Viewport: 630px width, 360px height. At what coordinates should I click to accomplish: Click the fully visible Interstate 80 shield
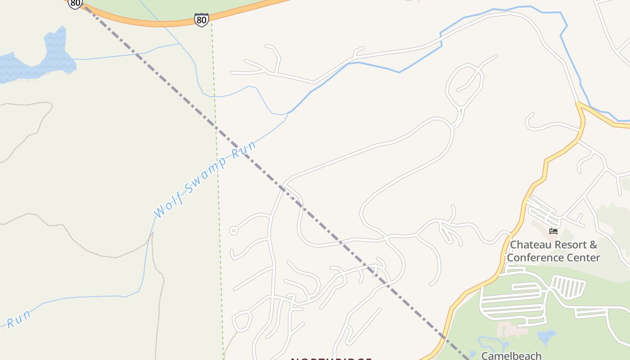[202, 20]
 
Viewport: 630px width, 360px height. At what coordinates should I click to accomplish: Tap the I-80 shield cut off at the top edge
[75, 4]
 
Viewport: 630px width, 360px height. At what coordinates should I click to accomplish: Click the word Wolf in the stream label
[169, 204]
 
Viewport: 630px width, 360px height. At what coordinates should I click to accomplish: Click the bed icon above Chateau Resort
[553, 231]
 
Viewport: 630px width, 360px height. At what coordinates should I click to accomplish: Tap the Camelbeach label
[511, 355]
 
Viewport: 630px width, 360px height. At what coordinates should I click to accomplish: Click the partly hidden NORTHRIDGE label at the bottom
[331, 359]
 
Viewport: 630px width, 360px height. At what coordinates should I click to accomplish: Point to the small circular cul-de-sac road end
[233, 231]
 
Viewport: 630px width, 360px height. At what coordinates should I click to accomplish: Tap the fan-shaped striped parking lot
[568, 286]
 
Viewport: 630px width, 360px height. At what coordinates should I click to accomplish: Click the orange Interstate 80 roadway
[148, 21]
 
